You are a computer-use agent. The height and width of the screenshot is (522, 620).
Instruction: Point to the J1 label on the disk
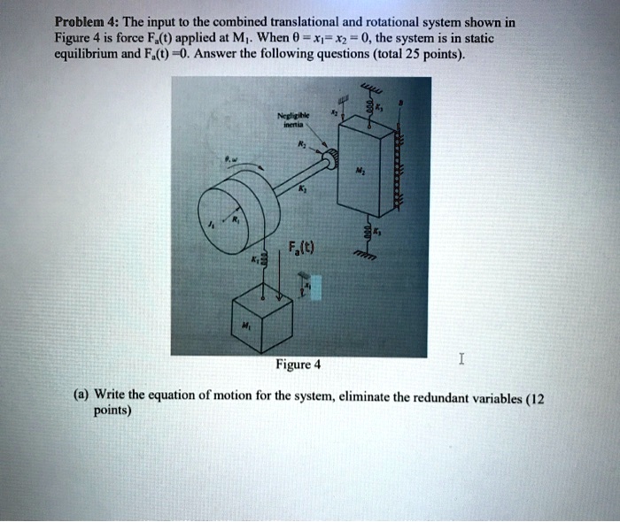tap(212, 226)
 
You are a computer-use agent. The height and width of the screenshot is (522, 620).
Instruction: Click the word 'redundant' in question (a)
tap(438, 398)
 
